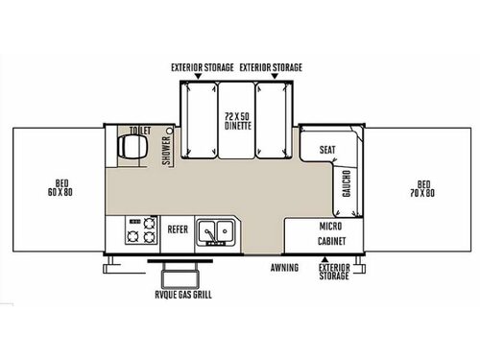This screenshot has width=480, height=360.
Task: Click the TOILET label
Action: coord(141,131)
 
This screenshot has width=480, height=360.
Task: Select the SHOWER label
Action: coord(166,152)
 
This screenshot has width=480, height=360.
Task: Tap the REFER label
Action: coord(178,230)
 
